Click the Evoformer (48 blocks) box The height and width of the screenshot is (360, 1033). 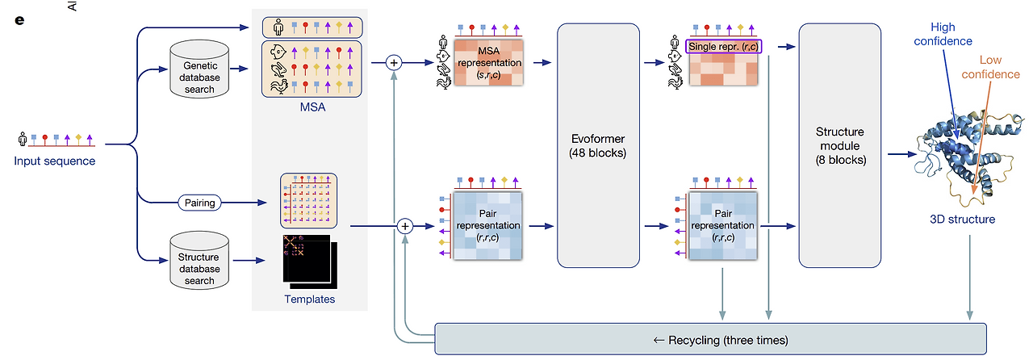598,145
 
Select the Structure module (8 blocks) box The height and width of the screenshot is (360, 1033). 839,145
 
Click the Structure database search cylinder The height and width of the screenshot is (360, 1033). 199,260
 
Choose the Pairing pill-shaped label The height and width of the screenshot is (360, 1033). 200,203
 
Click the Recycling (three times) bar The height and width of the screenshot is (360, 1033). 710,338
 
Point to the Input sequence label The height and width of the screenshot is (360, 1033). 54,161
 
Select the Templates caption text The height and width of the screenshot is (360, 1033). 309,299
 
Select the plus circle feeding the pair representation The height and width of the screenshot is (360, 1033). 406,227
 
